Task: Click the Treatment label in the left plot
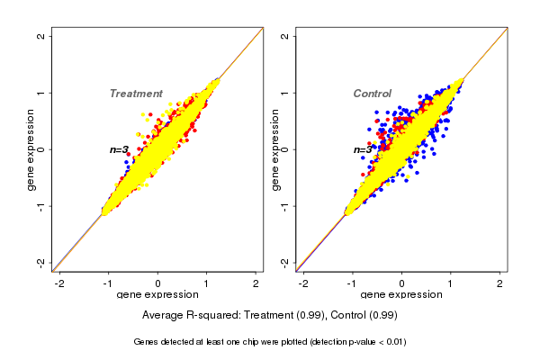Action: [x=136, y=94]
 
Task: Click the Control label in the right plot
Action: [x=373, y=94]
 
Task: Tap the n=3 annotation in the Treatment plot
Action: [x=120, y=149]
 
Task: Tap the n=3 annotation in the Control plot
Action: [x=363, y=149]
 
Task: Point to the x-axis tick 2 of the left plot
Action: [x=256, y=283]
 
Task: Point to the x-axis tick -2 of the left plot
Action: [x=59, y=283]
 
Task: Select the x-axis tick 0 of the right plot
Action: [x=401, y=283]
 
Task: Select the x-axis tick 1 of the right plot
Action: [x=451, y=283]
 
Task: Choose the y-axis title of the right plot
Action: [x=274, y=149]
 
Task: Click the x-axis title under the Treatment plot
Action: [x=157, y=295]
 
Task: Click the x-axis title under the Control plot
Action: [x=401, y=295]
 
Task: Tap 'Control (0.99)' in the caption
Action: [x=364, y=316]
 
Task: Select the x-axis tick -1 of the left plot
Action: [x=108, y=283]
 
